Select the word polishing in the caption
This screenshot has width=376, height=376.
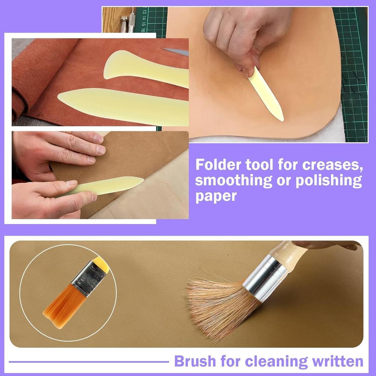[329, 181]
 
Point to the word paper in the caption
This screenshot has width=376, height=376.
[216, 197]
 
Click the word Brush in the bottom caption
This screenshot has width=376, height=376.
[195, 361]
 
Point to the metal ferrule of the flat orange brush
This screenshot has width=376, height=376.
[89, 278]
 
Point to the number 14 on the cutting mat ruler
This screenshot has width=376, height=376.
[144, 18]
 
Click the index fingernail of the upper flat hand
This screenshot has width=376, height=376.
[101, 150]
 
